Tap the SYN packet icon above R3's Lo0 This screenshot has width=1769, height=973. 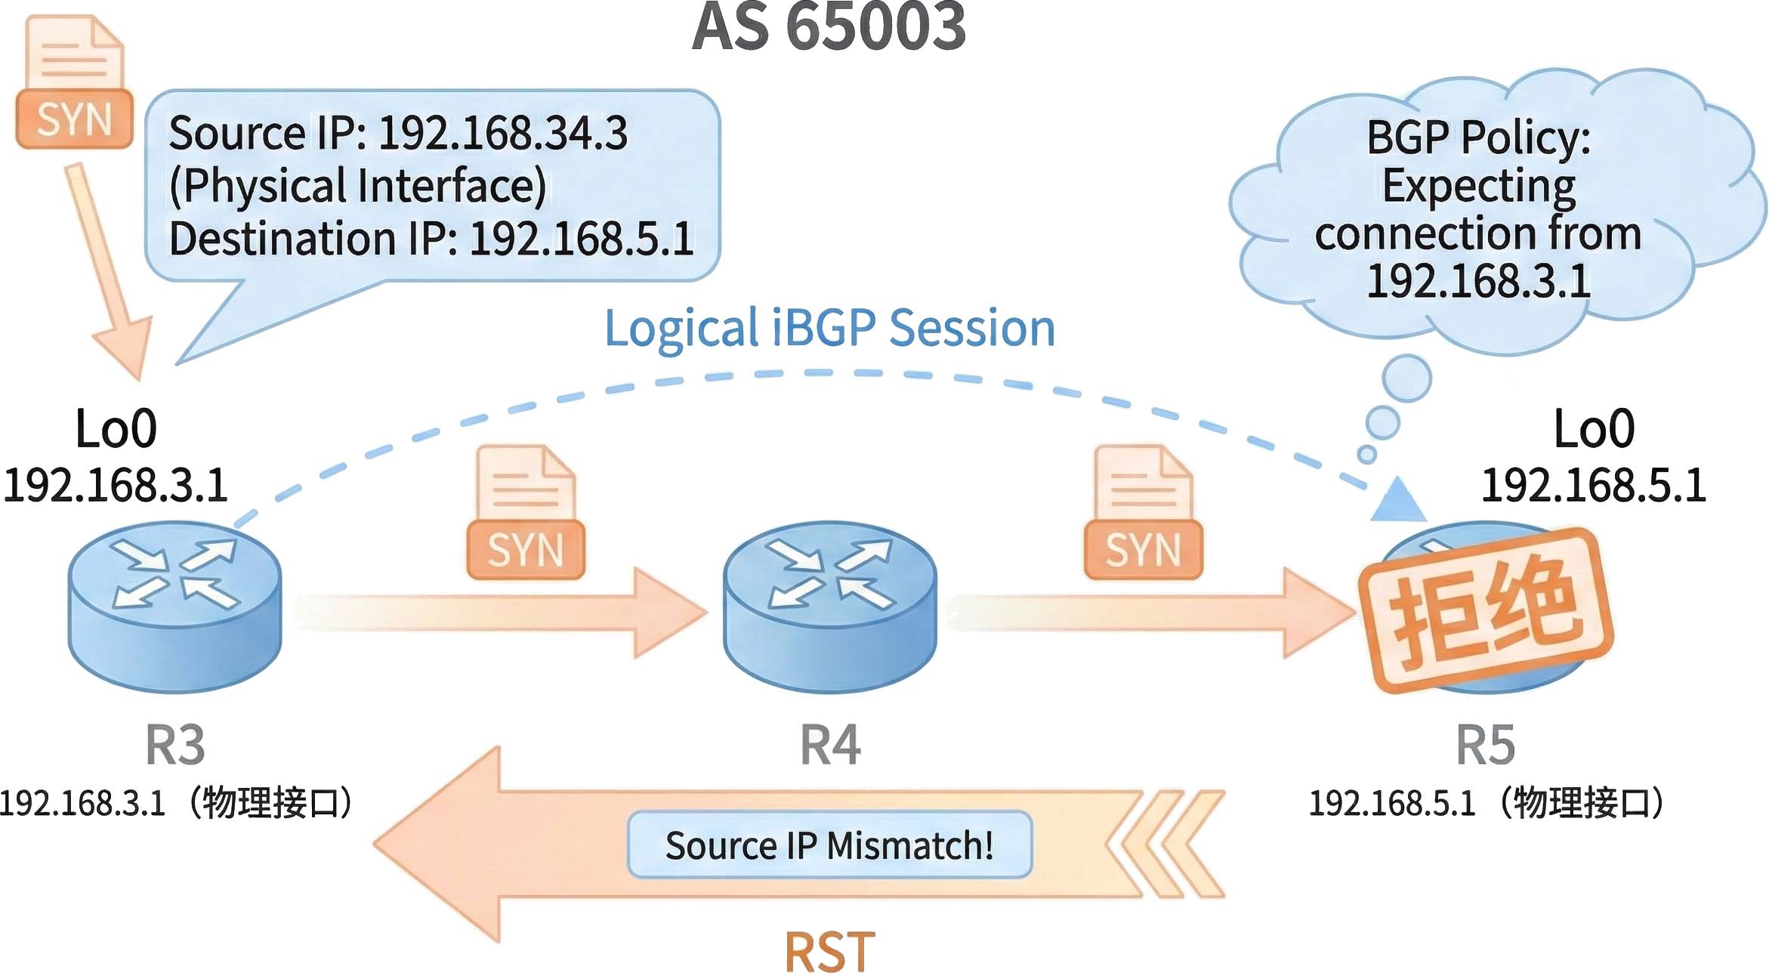[x=74, y=83]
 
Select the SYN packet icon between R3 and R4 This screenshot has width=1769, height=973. [x=526, y=514]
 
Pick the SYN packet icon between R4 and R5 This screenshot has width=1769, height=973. [x=1143, y=514]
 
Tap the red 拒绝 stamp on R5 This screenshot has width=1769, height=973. [x=1485, y=610]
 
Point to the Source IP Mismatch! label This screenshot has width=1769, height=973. [x=829, y=845]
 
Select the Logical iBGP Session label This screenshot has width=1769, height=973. [x=829, y=329]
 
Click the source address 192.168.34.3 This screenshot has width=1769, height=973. [x=502, y=134]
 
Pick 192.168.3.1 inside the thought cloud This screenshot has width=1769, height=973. [x=1478, y=282]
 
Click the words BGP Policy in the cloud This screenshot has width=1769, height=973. [x=1478, y=137]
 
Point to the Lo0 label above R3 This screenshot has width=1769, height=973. [x=116, y=428]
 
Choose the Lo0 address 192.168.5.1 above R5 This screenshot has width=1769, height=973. [x=1593, y=485]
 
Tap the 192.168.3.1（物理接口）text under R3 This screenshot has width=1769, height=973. [x=175, y=803]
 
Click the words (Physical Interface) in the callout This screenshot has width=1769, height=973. [x=357, y=186]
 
